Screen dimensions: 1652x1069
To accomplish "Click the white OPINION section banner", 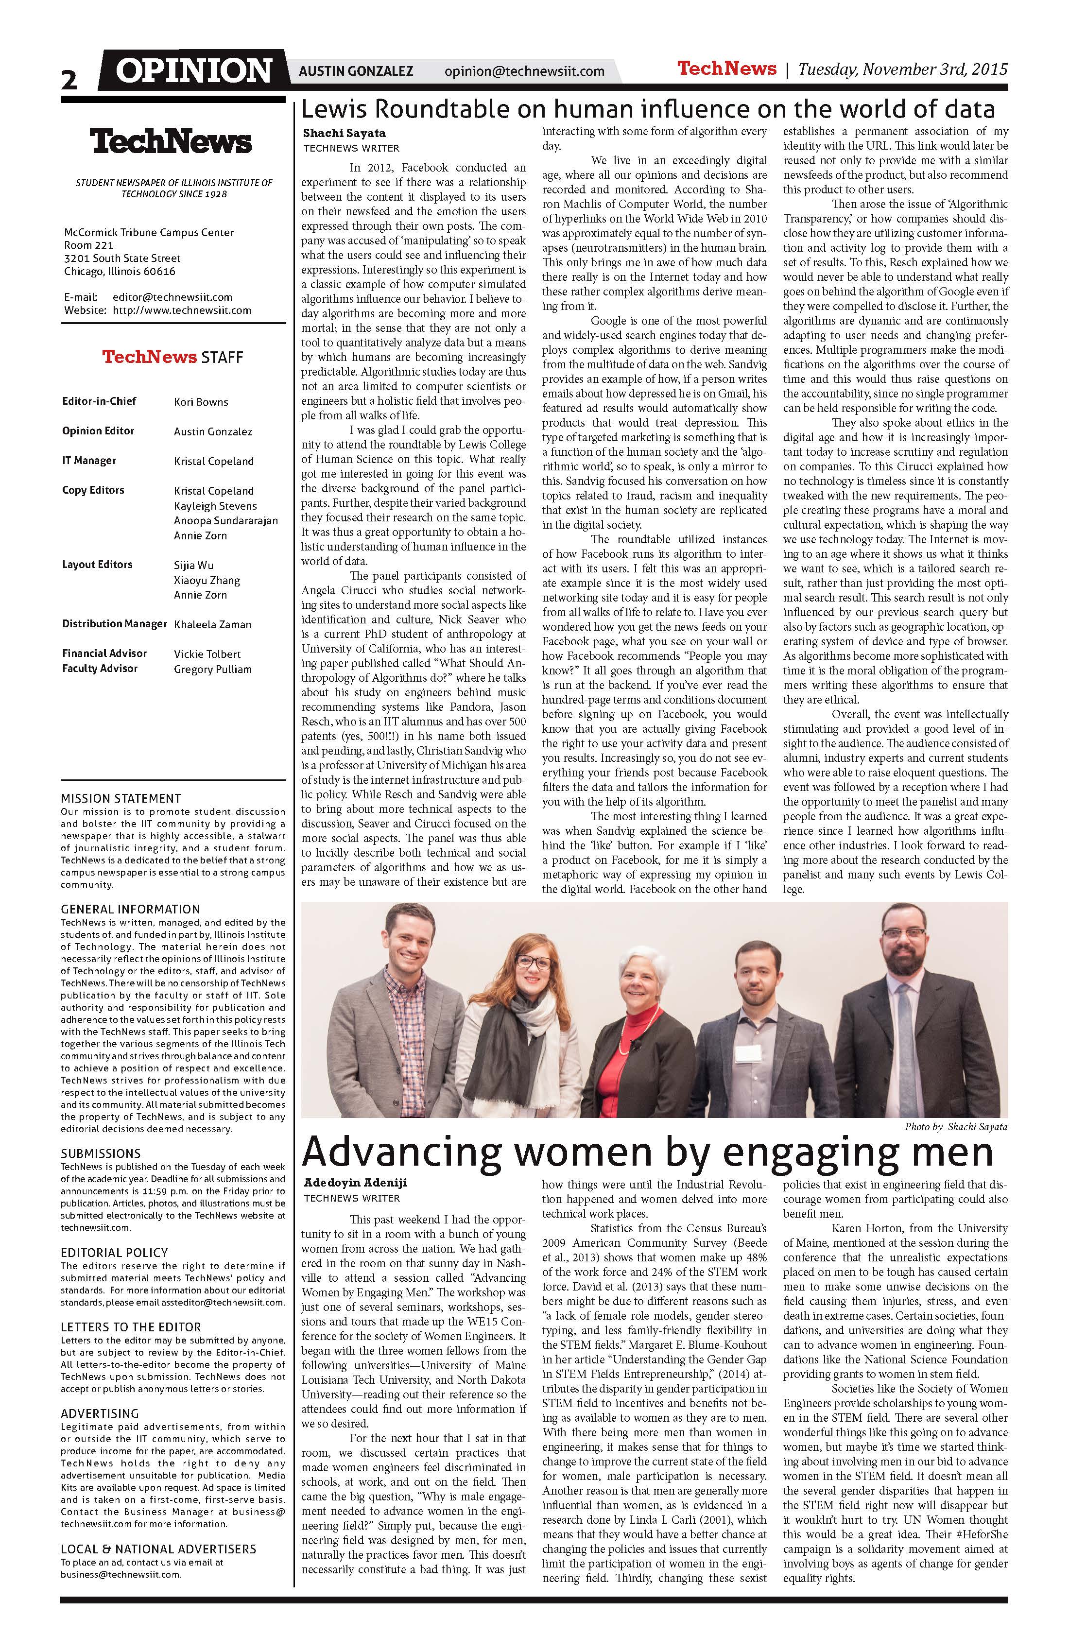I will pyautogui.click(x=194, y=71).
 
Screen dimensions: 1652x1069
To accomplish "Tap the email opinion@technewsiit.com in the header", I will pyautogui.click(x=524, y=71).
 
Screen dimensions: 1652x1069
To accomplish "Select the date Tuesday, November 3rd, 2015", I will pyautogui.click(x=902, y=69).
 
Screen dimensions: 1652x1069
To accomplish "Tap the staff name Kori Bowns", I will pyautogui.click(x=201, y=402).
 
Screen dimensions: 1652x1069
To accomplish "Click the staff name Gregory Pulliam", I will pyautogui.click(x=212, y=669).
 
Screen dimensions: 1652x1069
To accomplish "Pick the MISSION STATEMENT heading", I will pyautogui.click(x=121, y=798).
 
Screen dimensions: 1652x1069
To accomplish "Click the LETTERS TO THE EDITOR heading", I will pyautogui.click(x=131, y=1327).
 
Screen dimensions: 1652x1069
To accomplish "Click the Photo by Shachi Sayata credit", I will pyautogui.click(x=955, y=1127).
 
